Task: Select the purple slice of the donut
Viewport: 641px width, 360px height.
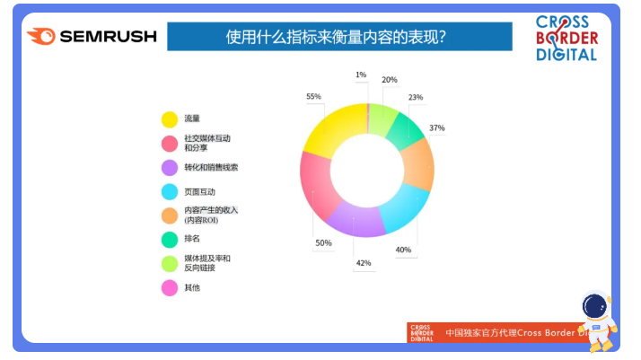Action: [x=355, y=220]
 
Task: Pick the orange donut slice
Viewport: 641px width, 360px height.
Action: [x=417, y=165]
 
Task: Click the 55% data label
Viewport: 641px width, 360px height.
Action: [x=313, y=96]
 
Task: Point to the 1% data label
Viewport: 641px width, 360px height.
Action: [x=361, y=75]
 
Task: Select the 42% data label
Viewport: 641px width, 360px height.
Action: [x=364, y=263]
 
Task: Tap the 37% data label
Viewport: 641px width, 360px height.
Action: [x=436, y=127]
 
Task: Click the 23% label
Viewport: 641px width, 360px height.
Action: [x=416, y=97]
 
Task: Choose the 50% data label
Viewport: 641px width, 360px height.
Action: [x=323, y=242]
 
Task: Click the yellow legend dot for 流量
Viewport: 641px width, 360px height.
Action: [x=170, y=119]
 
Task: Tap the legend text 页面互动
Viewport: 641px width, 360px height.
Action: [x=199, y=191]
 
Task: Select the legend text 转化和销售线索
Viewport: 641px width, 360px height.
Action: [x=211, y=167]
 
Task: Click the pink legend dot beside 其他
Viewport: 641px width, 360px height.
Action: [x=170, y=287]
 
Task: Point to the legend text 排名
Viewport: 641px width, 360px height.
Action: [x=192, y=239]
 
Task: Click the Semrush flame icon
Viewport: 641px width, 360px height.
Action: [x=41, y=36]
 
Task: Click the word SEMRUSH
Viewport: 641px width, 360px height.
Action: [x=109, y=37]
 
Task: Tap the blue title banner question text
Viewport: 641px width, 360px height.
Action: [x=336, y=37]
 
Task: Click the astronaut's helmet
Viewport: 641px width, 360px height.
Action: [x=595, y=305]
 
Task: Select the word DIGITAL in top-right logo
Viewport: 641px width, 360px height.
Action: [x=566, y=55]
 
